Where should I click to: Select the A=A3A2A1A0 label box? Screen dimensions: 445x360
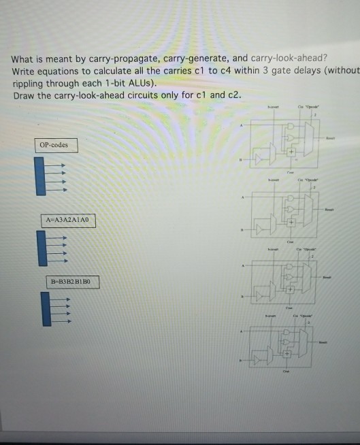pos(69,220)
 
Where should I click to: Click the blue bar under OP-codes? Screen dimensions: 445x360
pos(39,176)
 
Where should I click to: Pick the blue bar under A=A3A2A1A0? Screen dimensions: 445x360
pos(42,248)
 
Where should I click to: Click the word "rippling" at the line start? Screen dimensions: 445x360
pos(29,84)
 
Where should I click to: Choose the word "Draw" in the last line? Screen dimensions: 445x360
pos(24,95)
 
